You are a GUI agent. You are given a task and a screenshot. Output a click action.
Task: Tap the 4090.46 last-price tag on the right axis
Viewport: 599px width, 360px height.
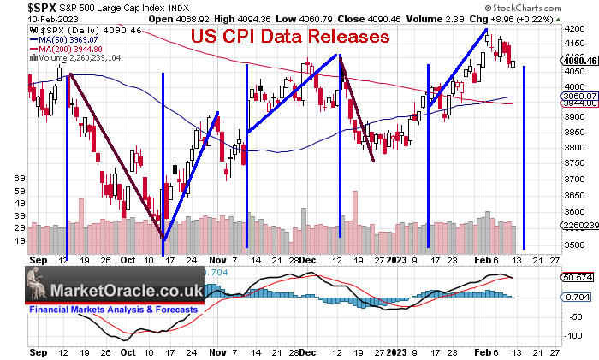point(581,61)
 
